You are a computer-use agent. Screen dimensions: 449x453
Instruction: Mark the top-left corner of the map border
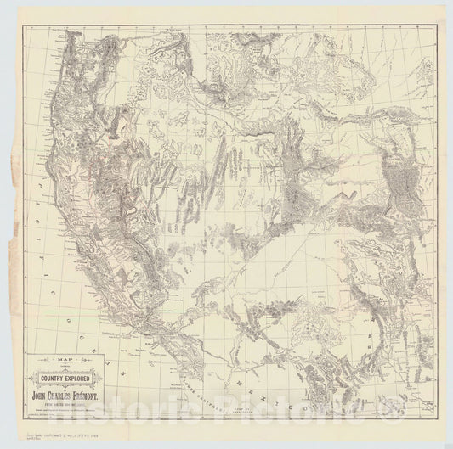19,25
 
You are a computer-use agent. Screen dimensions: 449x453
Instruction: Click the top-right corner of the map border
437,25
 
